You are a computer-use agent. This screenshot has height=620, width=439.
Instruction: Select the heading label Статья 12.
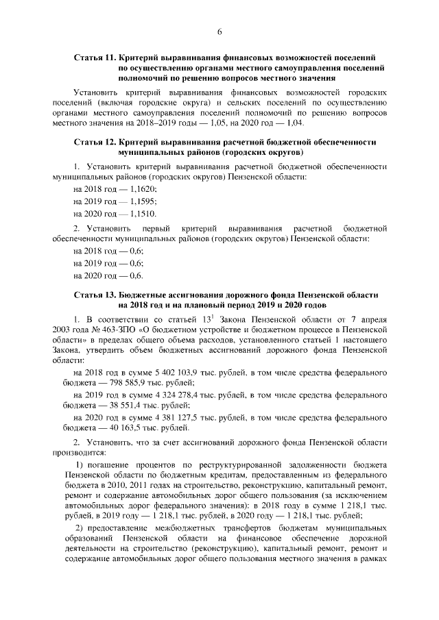pos(94,142)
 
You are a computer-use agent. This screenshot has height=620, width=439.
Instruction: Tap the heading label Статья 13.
pos(94,294)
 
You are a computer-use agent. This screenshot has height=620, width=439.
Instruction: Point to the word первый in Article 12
pos(157,227)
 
